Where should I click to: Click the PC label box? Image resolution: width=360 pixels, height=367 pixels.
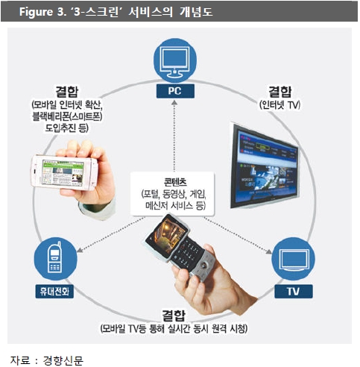tap(175, 91)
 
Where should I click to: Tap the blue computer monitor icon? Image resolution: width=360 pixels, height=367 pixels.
tap(175, 60)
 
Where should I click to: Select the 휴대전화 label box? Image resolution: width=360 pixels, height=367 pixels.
tap(54, 291)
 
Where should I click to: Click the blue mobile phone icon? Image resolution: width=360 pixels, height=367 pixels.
tap(55, 259)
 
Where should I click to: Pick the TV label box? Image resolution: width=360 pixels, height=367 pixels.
tap(294, 291)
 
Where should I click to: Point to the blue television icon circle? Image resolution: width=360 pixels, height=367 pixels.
tap(293, 259)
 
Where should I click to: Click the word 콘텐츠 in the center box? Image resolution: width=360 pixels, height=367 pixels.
tap(175, 183)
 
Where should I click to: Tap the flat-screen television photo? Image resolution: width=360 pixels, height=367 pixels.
tap(265, 166)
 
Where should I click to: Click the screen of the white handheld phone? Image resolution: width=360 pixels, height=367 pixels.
tap(63, 172)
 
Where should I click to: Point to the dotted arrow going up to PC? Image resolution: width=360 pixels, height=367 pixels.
tap(174, 136)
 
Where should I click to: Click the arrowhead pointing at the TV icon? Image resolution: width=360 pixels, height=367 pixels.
tap(269, 251)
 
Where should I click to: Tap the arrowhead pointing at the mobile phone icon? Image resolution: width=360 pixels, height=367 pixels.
tap(80, 249)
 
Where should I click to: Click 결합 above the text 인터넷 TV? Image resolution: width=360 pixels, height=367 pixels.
tap(280, 92)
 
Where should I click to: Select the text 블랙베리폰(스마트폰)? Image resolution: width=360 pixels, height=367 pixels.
tap(67, 116)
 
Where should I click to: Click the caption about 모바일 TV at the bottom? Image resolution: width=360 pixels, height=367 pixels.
tap(174, 329)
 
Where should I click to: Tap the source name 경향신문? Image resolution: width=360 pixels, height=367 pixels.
tap(63, 360)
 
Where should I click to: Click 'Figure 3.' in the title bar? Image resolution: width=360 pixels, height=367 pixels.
tap(42, 12)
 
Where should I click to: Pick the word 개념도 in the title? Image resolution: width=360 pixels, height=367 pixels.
tap(196, 12)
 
